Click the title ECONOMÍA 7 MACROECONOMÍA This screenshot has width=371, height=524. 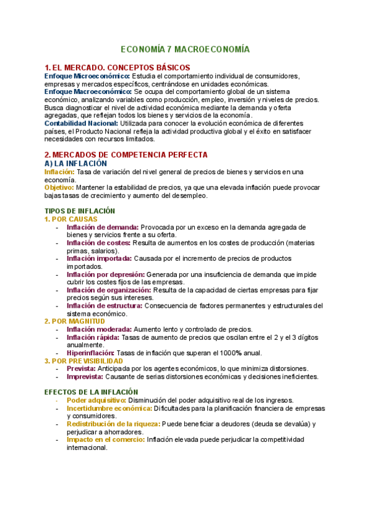tap(185, 48)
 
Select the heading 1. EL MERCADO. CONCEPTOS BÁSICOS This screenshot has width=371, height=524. tap(117, 67)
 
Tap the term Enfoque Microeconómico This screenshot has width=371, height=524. tap(87, 76)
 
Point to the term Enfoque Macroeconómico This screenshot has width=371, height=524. tap(88, 91)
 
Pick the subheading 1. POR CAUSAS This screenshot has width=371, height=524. tap(71, 219)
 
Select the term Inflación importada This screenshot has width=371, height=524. tap(98, 259)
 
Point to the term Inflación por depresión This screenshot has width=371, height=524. tap(106, 274)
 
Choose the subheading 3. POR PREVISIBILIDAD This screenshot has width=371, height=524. tap(83, 361)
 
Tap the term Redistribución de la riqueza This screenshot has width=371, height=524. tap(113, 424)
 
